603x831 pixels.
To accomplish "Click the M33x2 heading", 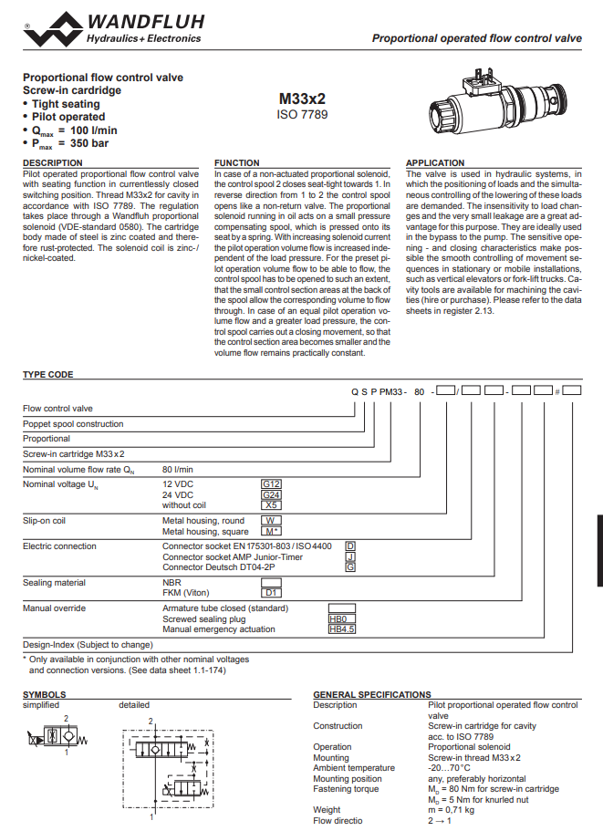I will coord(301,98).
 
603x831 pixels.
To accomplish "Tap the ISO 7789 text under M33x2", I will coord(301,115).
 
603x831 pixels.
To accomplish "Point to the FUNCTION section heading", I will coord(236,163).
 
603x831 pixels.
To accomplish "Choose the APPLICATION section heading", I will coord(434,163).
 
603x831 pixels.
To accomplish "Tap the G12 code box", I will coord(272,483).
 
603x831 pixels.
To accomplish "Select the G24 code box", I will coord(272,494).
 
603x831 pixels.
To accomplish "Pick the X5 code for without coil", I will coord(271,504).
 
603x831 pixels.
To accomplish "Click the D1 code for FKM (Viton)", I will coord(271,593).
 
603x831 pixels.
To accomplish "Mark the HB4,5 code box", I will coord(340,629).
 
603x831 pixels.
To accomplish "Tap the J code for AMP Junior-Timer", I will coord(349,556).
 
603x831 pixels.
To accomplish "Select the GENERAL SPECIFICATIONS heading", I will coord(372,694).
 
